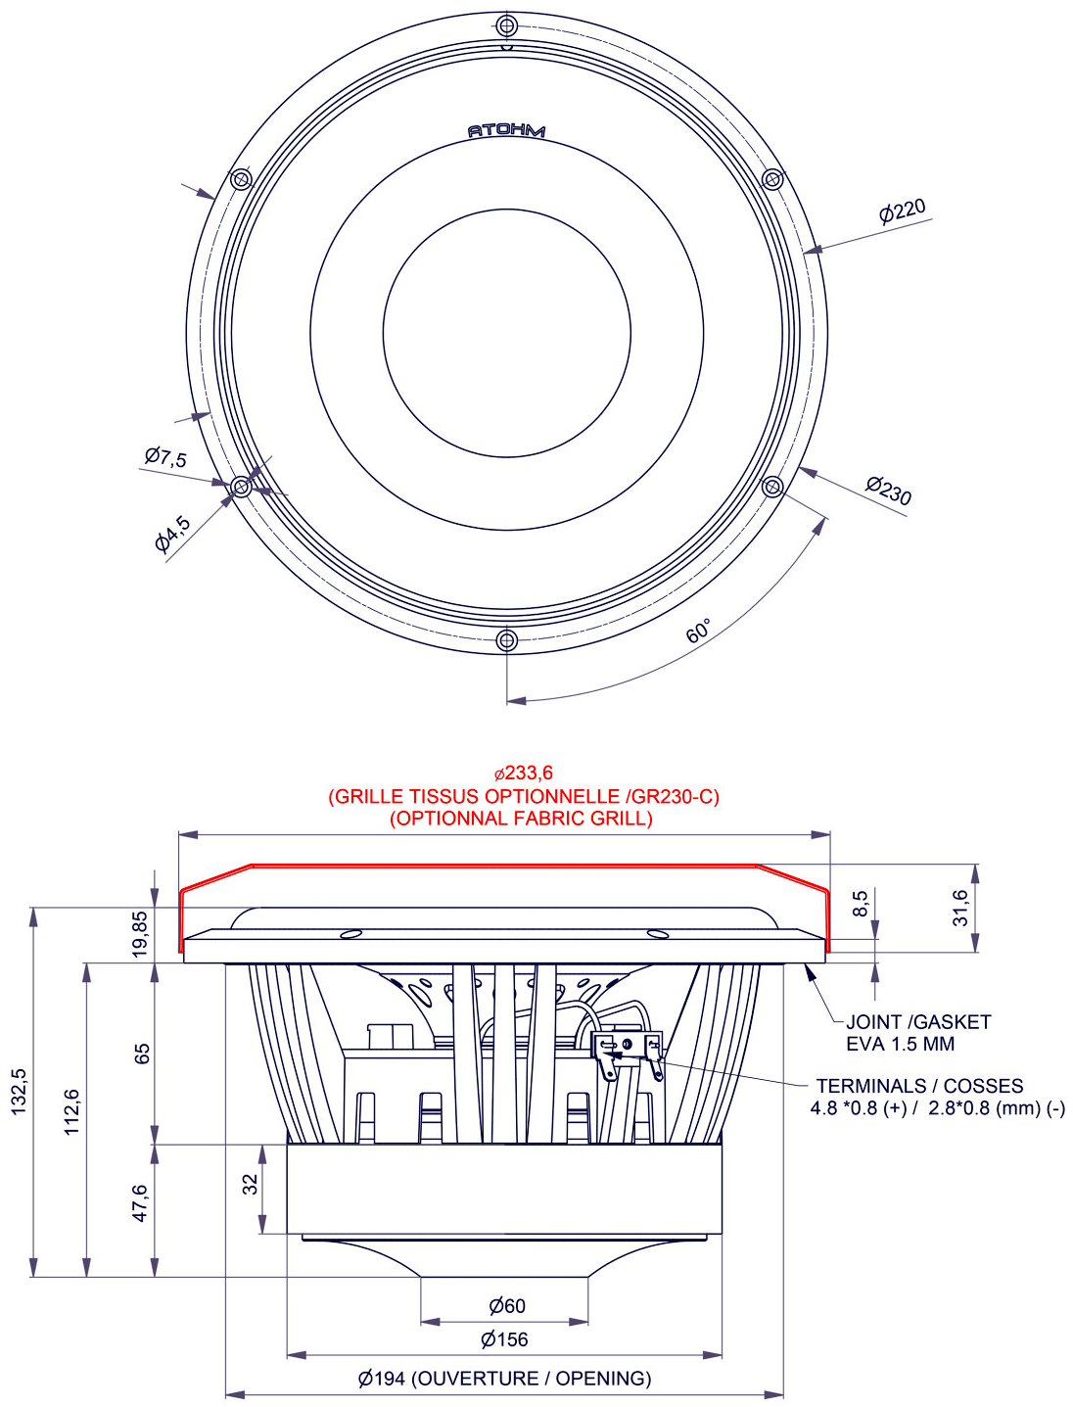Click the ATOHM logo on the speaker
(x=506, y=130)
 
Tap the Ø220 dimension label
(x=902, y=210)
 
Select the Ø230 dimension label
(x=888, y=489)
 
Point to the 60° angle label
(x=698, y=632)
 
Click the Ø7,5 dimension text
(x=165, y=456)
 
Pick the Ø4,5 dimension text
(x=172, y=535)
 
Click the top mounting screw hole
(x=506, y=24)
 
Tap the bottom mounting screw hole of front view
(x=506, y=640)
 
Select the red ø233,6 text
(x=523, y=773)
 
